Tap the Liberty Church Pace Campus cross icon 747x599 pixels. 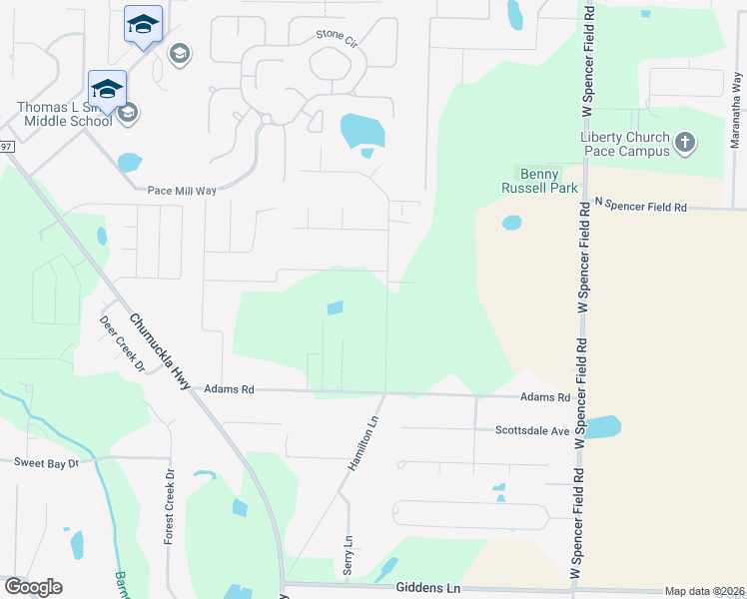point(685,143)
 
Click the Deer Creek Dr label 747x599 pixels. point(122,344)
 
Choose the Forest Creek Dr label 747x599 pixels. point(170,506)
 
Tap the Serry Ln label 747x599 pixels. point(350,550)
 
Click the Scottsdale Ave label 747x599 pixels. point(531,431)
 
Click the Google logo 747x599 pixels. point(33,587)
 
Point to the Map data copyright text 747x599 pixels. point(703,591)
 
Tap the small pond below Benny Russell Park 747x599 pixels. point(511,222)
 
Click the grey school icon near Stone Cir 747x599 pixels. point(180,53)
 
